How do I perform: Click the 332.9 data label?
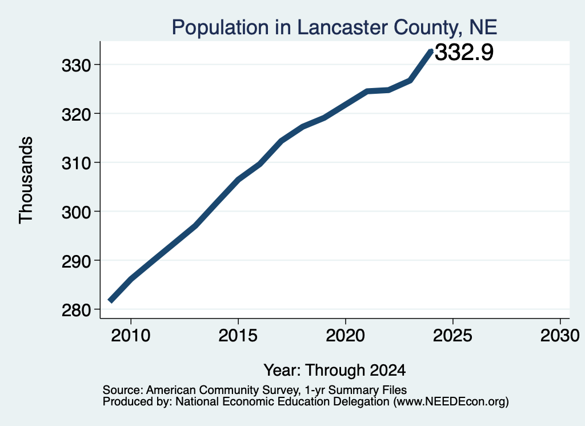pos(464,52)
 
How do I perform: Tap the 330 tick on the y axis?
pos(77,66)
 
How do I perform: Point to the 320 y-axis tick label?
pos(77,114)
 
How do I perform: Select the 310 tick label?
pos(77,164)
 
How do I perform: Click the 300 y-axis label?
pos(77,213)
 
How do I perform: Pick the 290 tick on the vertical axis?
pos(77,261)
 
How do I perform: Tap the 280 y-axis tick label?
pos(77,310)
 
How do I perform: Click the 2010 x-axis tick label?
pos(131,336)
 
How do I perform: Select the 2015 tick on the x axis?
pos(238,336)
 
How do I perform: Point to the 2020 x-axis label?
pos(346,336)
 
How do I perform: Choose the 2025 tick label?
pos(452,336)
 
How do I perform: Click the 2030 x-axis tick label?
pos(560,336)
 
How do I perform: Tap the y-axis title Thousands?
pos(26,180)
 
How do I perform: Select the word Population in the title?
pos(220,28)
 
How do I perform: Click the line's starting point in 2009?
pos(110,300)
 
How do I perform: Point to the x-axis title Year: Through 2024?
pos(335,370)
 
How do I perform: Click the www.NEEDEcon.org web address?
pos(450,402)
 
